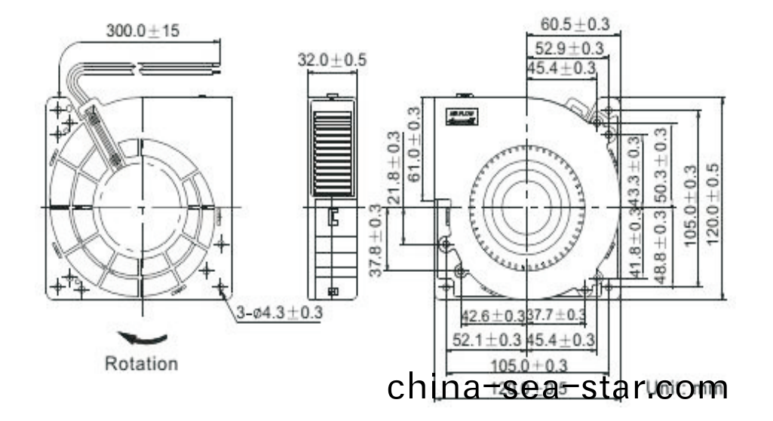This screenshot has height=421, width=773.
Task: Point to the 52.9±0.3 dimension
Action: click(569, 49)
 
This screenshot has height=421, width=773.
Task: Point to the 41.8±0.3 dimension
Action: click(635, 245)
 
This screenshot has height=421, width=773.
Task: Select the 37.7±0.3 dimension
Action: click(557, 315)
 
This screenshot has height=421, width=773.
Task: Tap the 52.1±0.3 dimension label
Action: click(487, 340)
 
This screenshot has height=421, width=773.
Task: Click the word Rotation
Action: click(141, 364)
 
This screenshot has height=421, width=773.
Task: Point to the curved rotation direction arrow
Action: click(142, 338)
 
